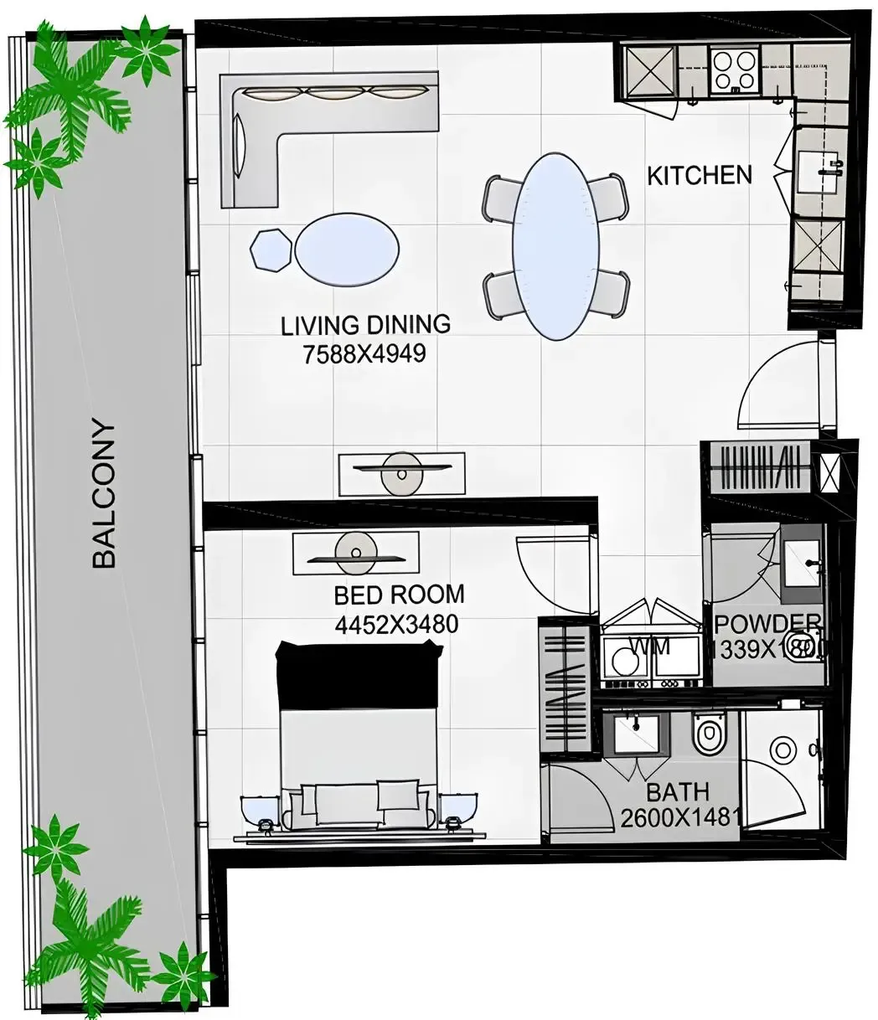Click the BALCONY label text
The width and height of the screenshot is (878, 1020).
tap(104, 494)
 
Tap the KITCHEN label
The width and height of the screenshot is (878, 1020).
tap(700, 175)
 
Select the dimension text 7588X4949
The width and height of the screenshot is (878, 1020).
tap(364, 354)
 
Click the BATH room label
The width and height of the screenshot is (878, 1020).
tap(677, 791)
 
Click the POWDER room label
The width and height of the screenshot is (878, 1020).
tap(767, 623)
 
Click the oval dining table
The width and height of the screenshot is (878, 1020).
tap(556, 246)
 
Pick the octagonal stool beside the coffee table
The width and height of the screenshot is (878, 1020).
tap(271, 249)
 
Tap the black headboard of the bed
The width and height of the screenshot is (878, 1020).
tap(359, 674)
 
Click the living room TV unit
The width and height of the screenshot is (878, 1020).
tap(401, 473)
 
